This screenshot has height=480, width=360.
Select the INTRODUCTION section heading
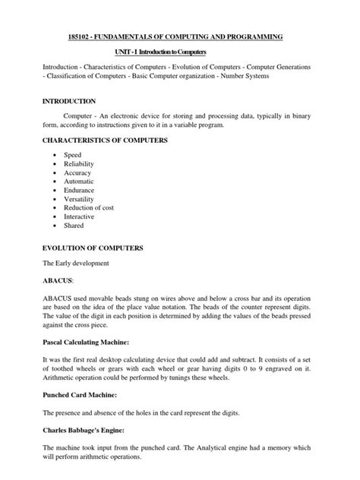pyautogui.click(x=68, y=101)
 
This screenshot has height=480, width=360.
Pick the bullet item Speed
pyautogui.click(x=72, y=155)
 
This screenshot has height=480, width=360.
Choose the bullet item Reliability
pyautogui.click(x=78, y=164)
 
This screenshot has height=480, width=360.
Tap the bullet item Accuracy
pyautogui.click(x=77, y=173)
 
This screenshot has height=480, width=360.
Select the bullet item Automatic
pyautogui.click(x=79, y=182)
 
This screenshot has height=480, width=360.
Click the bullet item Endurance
pyautogui.click(x=79, y=191)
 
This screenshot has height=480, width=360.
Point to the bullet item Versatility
pyautogui.click(x=80, y=201)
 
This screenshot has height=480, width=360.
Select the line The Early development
pyautogui.click(x=75, y=263)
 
